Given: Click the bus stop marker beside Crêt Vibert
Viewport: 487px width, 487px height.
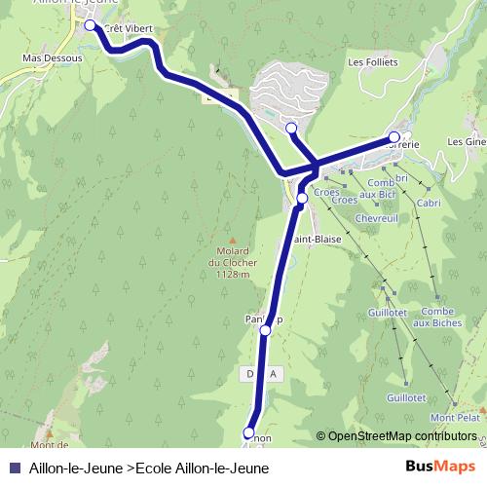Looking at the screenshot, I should tap(91, 26).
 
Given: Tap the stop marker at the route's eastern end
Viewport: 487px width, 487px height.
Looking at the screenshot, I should tap(394, 137).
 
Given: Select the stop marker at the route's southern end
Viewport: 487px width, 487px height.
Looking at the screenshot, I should tap(248, 432).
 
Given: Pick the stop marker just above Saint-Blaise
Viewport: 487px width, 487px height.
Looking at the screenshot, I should tap(302, 199).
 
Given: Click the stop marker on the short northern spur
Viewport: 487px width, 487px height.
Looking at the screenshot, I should tap(291, 128).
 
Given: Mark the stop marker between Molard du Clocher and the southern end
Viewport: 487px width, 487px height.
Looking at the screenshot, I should tap(266, 331).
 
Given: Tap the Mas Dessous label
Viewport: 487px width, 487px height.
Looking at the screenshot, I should tap(52, 58).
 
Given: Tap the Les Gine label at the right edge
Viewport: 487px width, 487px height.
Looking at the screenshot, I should tap(467, 141).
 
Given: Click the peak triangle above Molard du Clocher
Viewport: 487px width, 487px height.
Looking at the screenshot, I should tap(232, 240).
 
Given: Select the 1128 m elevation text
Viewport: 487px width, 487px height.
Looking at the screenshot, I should tap(233, 275).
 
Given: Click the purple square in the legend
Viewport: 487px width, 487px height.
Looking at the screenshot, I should tap(14, 468).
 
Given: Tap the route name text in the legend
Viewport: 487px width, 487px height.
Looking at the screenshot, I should tap(149, 468).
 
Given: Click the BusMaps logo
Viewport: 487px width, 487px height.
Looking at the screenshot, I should tap(441, 467).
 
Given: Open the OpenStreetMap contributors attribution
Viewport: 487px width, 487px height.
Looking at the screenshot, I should tap(403, 436).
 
